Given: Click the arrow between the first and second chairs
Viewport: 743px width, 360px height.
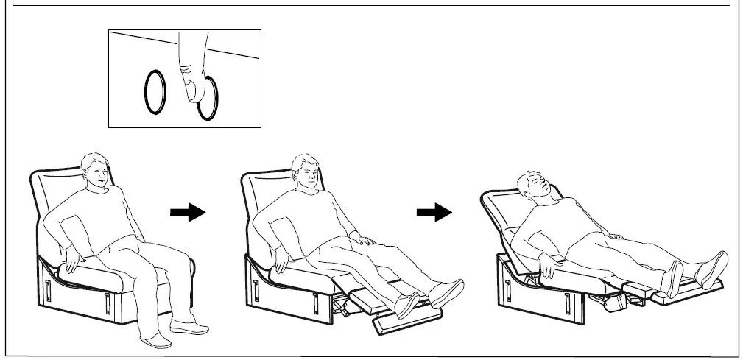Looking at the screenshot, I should click(x=187, y=212).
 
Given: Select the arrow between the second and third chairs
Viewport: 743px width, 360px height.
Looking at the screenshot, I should click(x=434, y=212).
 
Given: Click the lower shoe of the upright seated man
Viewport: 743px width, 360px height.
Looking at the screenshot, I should click(x=156, y=340).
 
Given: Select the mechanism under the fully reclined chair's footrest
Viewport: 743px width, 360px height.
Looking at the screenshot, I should click(x=608, y=301).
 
